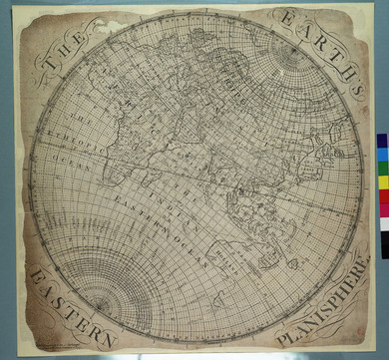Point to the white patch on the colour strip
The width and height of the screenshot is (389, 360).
coord(383,222)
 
